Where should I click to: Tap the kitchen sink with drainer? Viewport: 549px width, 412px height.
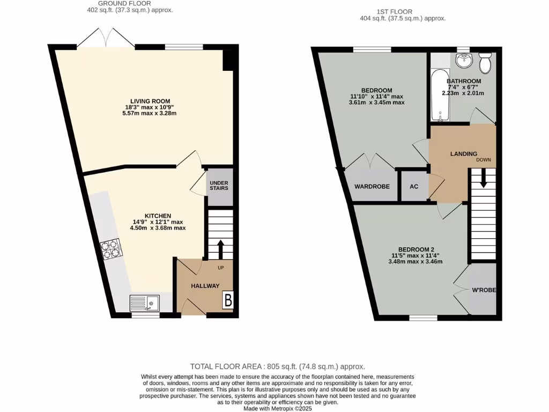(x=144, y=303)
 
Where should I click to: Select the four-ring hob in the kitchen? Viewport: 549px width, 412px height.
(x=109, y=248)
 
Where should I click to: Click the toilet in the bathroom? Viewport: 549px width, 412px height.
(x=485, y=63)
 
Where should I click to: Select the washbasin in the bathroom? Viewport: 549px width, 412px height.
(x=461, y=62)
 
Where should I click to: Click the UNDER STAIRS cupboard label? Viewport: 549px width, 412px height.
(x=219, y=185)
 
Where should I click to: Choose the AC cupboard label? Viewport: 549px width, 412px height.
(x=414, y=187)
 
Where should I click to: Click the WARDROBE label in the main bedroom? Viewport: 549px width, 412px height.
(x=372, y=187)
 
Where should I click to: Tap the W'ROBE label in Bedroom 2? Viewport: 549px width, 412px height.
(x=484, y=290)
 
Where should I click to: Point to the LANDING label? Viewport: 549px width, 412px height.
(x=463, y=154)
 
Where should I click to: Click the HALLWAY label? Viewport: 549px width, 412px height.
(x=205, y=286)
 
